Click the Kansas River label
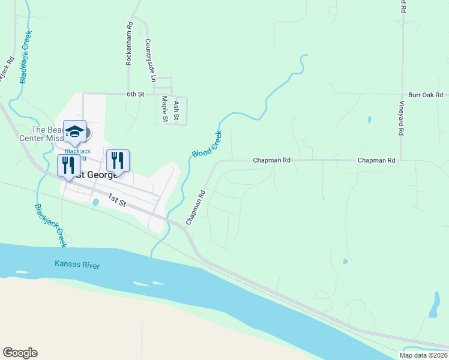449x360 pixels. point(77,264)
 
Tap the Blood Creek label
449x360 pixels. point(206,144)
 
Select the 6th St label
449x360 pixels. point(136,94)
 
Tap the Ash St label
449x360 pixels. point(176,109)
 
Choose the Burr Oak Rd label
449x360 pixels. point(425,95)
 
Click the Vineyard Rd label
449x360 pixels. point(401,117)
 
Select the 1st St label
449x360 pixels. point(117,200)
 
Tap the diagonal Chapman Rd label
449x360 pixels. point(196,208)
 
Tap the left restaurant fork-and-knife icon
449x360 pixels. point(68,165)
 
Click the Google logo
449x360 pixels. point(20,353)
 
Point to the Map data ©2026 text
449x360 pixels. point(423,355)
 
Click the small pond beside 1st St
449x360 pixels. point(95,202)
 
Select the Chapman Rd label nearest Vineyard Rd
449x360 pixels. point(376,161)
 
